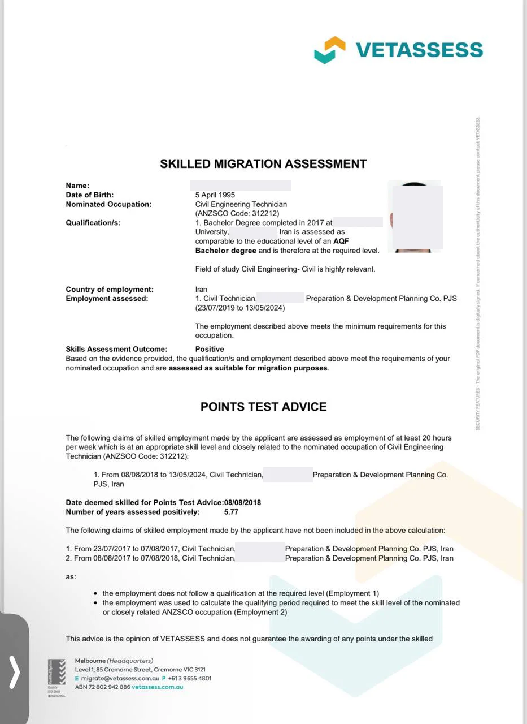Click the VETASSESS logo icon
(x=329, y=50)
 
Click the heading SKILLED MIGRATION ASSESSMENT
(x=263, y=164)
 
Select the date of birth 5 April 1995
(x=215, y=195)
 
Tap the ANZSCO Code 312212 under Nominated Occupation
(x=237, y=213)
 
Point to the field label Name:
(x=77, y=186)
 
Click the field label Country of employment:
(x=110, y=290)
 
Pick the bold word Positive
(x=210, y=350)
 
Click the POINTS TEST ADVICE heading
(x=263, y=407)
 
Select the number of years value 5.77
(x=232, y=512)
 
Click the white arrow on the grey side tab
(x=15, y=671)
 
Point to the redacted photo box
(x=417, y=217)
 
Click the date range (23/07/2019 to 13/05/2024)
(x=240, y=308)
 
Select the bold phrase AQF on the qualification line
(x=341, y=241)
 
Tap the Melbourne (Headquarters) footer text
(x=114, y=661)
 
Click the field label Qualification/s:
(x=93, y=223)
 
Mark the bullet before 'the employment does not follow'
(x=95, y=593)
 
